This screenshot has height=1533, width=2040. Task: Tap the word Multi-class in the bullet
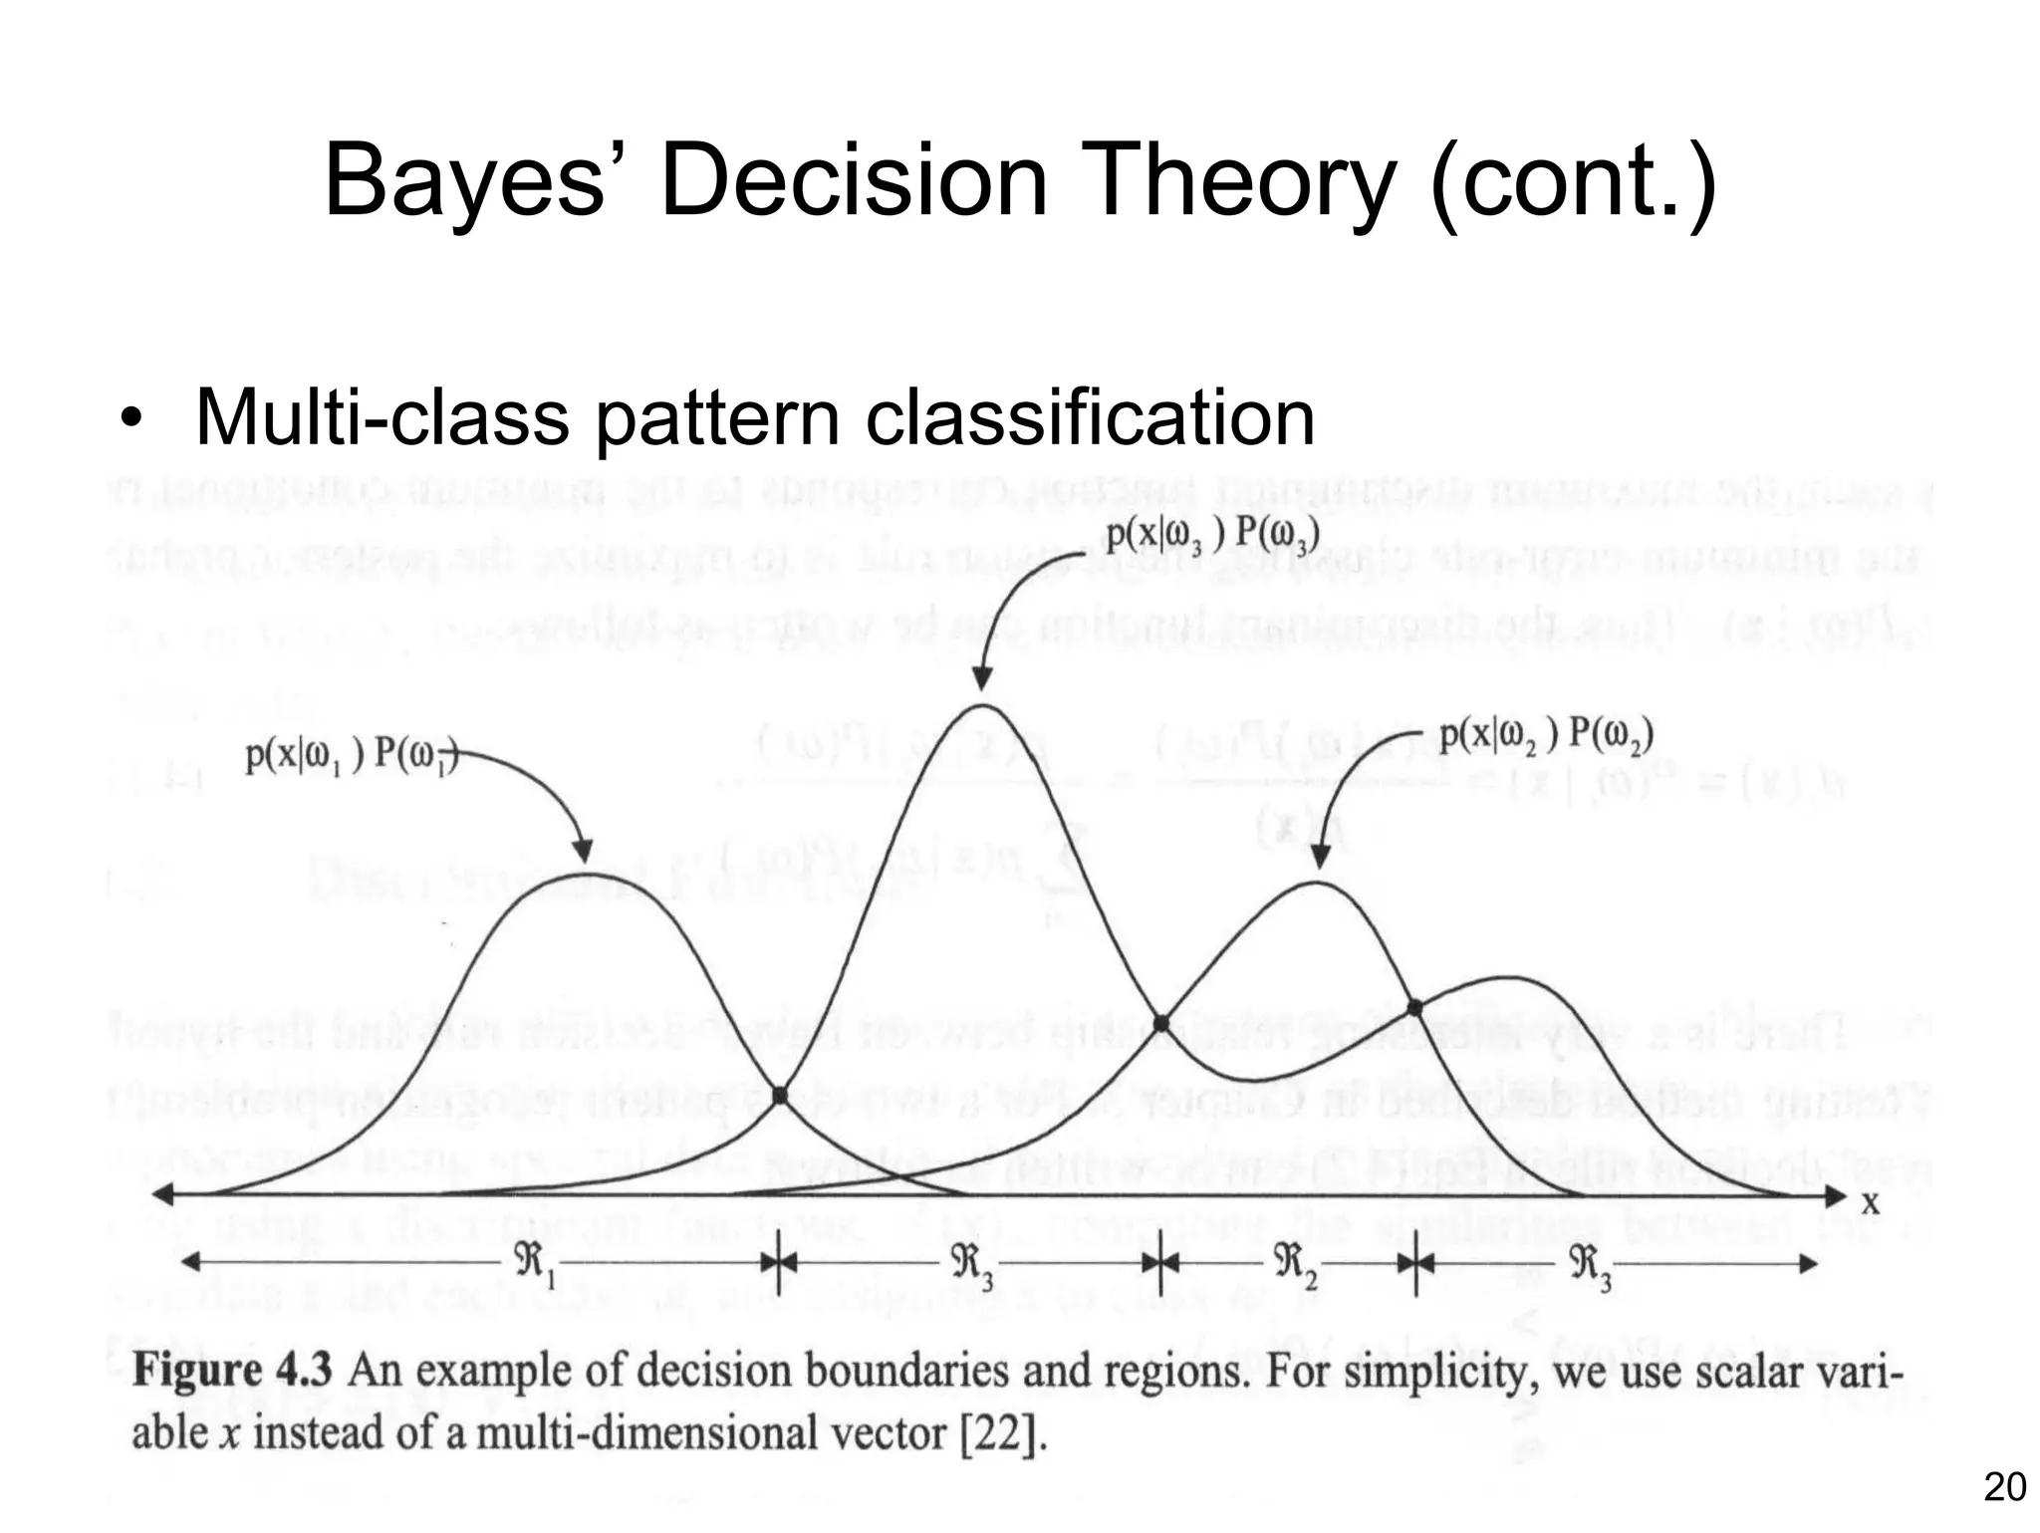(382, 418)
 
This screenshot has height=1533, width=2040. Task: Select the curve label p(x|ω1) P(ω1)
(352, 755)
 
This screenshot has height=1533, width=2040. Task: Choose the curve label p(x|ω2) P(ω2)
(1547, 737)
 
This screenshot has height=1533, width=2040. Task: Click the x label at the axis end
(1871, 1203)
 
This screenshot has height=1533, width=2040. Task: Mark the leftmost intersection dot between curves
(780, 1095)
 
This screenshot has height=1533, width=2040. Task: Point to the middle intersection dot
(1160, 1023)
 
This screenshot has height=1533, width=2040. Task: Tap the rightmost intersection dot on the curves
(1414, 1007)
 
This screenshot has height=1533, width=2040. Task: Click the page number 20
(2004, 1487)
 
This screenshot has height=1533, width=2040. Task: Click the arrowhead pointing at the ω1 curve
(582, 851)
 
